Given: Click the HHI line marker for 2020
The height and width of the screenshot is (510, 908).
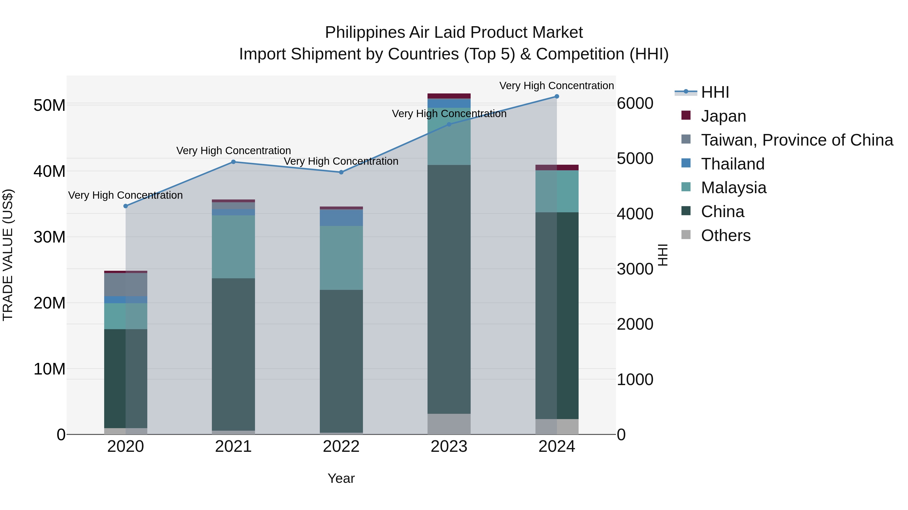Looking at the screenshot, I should tap(126, 206).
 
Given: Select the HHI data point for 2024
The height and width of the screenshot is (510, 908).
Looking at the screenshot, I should tap(557, 96).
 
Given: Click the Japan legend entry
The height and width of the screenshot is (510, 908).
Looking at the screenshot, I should tap(723, 116).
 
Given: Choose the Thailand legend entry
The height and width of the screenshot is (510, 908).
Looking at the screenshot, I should tap(732, 164).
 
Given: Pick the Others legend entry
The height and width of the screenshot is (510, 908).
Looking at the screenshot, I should tap(725, 235).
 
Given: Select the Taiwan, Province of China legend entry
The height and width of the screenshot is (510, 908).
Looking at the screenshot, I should tap(797, 140).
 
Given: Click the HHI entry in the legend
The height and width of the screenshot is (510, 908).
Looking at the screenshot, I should tap(715, 92).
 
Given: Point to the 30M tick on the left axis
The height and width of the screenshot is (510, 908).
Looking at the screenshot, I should tap(49, 237).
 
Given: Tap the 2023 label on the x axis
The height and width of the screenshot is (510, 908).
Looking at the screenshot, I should tap(449, 447).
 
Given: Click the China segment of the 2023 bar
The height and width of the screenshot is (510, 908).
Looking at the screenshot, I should tap(449, 289).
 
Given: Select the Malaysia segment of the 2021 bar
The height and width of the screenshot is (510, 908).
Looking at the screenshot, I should tap(233, 246).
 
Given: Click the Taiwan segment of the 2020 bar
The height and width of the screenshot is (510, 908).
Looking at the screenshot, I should tap(126, 284).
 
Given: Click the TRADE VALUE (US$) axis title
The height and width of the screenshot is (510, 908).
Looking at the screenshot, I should tap(8, 255).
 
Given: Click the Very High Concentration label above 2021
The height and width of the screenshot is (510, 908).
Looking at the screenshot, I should tap(233, 151).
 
